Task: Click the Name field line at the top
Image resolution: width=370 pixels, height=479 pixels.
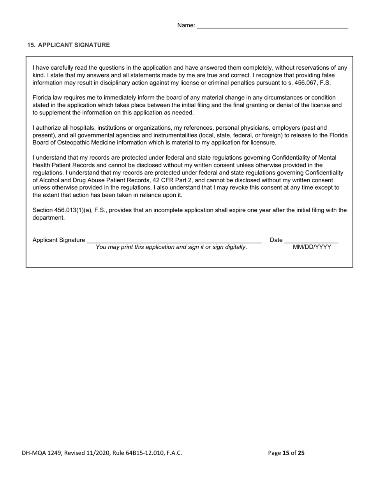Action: click(272, 26)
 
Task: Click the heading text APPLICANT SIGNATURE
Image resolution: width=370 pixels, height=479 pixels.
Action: click(74, 45)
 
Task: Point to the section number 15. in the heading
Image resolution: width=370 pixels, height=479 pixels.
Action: click(31, 45)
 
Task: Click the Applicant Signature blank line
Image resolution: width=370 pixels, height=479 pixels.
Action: click(174, 241)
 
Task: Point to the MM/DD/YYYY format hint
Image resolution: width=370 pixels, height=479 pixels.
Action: click(312, 247)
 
